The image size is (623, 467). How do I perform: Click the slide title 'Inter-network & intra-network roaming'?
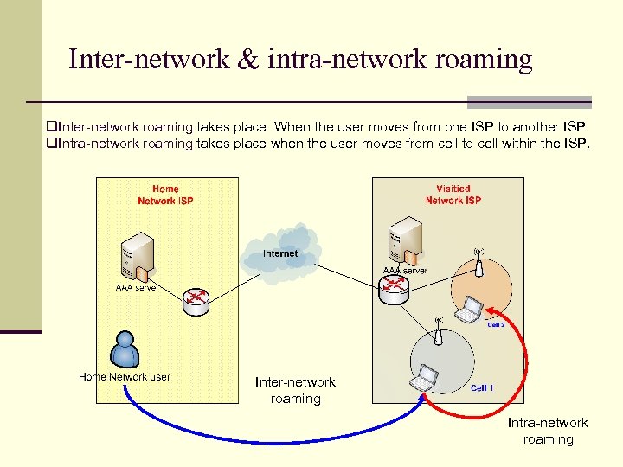[300, 59]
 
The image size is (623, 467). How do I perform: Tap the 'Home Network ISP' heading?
[165, 195]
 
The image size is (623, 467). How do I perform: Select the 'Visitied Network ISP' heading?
[453, 195]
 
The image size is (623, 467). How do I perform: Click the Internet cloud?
[279, 253]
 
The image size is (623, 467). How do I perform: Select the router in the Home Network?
[196, 300]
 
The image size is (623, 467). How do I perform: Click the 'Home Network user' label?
[125, 377]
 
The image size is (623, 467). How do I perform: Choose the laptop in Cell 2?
[469, 310]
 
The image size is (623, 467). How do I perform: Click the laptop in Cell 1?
[425, 378]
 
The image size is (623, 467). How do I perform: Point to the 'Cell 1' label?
[482, 388]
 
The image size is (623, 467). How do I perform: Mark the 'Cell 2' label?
[496, 325]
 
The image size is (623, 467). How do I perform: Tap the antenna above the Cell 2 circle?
[478, 260]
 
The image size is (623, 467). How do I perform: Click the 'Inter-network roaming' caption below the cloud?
[295, 390]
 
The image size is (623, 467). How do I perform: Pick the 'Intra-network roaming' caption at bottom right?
[548, 431]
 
